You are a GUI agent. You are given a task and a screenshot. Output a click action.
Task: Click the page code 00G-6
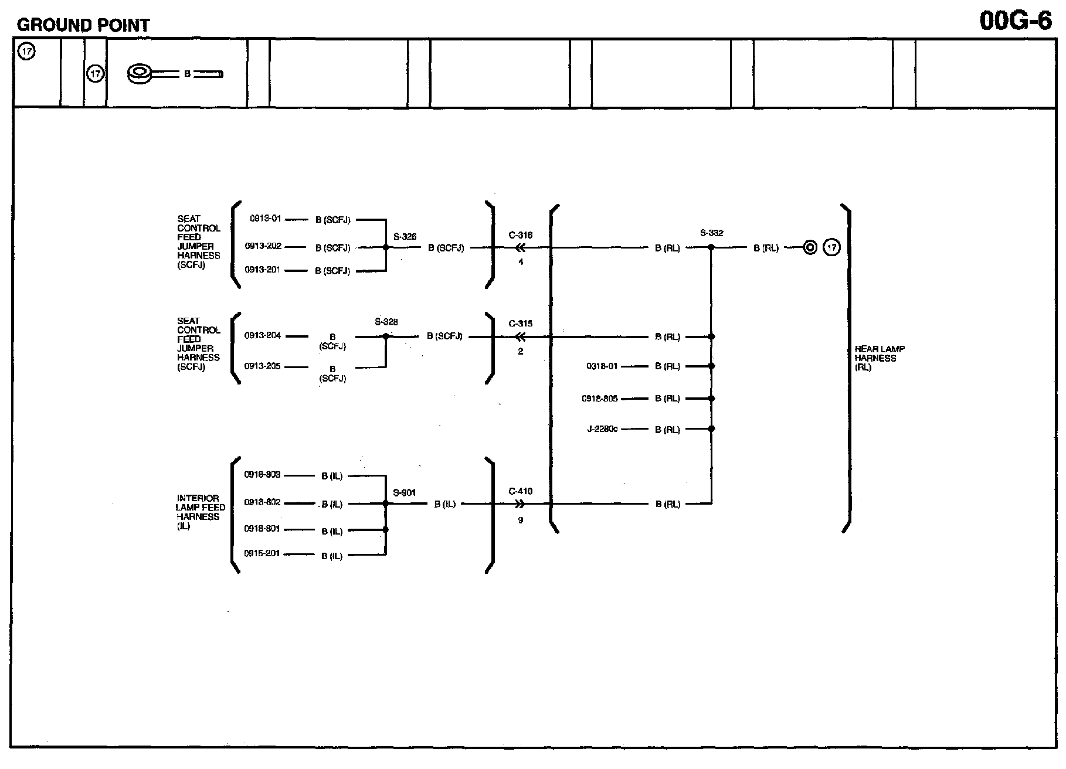tap(1016, 21)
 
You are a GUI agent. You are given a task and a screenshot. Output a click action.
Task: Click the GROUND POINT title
tap(83, 25)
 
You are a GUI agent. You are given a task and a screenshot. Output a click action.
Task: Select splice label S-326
tap(405, 237)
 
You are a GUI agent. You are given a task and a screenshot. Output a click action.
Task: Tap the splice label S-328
tap(386, 322)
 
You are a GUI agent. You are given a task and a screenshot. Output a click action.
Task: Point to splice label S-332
tap(711, 233)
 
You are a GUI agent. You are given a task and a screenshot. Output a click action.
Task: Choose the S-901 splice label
tap(405, 492)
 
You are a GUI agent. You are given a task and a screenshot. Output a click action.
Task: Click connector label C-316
tap(521, 236)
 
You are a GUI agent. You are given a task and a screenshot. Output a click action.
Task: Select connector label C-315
tap(521, 324)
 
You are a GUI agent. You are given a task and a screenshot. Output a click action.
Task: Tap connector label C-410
tap(521, 491)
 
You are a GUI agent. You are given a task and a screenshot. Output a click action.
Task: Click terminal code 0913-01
tap(266, 219)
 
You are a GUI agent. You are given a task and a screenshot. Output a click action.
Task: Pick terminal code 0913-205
tap(263, 366)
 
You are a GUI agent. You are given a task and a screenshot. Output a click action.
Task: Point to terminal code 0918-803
tap(263, 475)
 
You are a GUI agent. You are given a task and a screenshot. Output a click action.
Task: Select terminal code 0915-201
tap(263, 553)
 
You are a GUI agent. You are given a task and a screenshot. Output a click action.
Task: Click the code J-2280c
tap(602, 429)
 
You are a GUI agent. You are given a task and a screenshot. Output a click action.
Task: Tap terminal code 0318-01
tap(602, 366)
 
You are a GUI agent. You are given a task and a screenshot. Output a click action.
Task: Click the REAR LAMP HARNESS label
tap(879, 358)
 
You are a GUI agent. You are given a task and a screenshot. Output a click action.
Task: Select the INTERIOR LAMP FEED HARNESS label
tap(200, 512)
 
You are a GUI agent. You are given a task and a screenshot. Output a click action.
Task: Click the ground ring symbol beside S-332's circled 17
tap(810, 248)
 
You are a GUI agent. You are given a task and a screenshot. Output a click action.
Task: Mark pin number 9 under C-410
tap(521, 520)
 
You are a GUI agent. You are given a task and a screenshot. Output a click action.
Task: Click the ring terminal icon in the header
tap(140, 74)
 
